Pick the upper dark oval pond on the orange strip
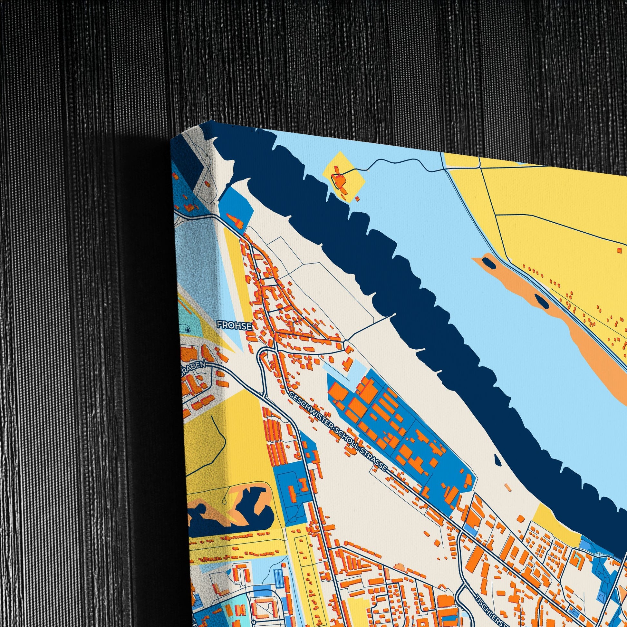tap(489, 263)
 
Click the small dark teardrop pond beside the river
tap(497, 459)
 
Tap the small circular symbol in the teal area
tap(188, 330)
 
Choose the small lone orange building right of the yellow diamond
tap(357, 198)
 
